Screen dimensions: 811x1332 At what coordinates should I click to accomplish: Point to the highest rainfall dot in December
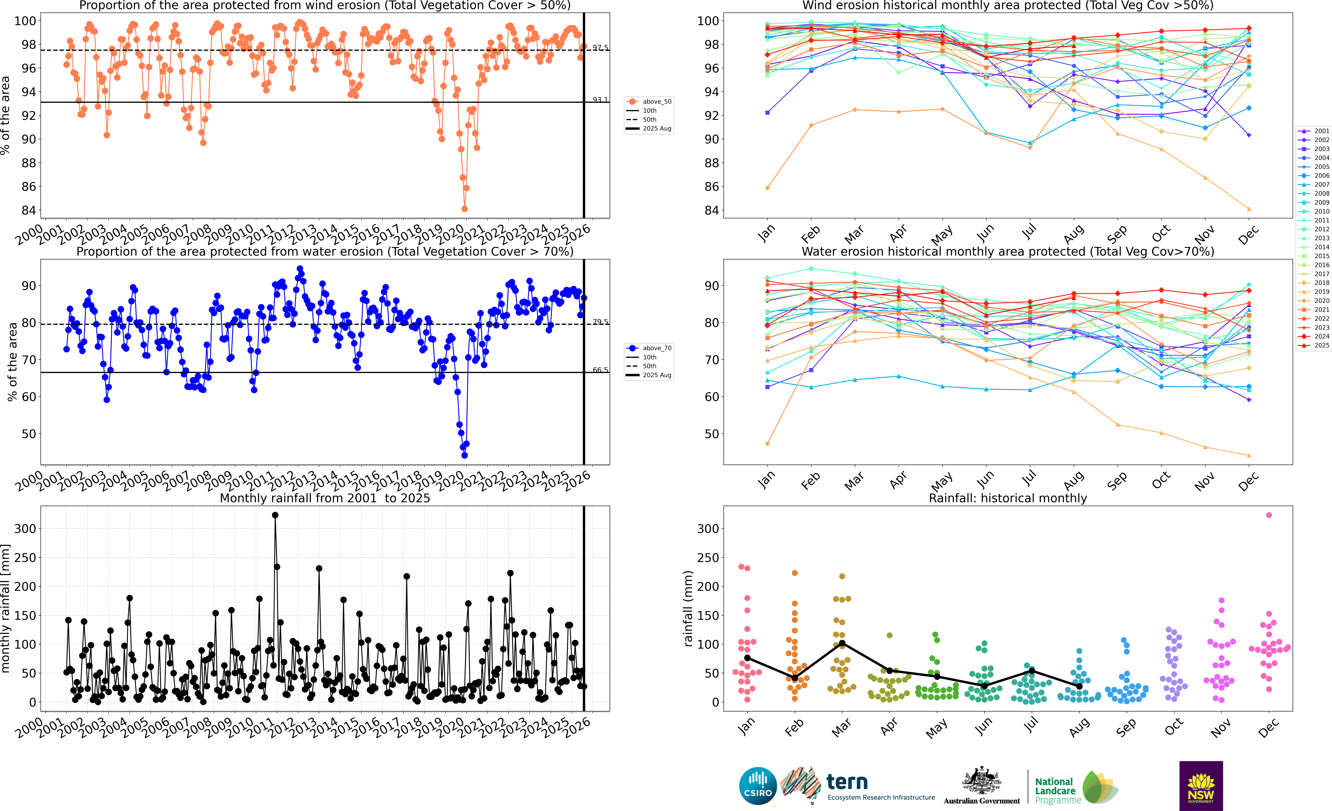[1269, 515]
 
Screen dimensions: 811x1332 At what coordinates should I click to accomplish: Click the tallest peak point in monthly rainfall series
[275, 515]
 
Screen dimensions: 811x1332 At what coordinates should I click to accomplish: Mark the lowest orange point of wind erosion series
[464, 209]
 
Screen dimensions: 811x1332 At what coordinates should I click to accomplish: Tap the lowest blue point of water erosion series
[464, 455]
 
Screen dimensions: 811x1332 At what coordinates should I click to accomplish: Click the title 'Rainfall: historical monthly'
[1008, 498]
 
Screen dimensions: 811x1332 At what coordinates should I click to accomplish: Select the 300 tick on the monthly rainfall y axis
[25, 529]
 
